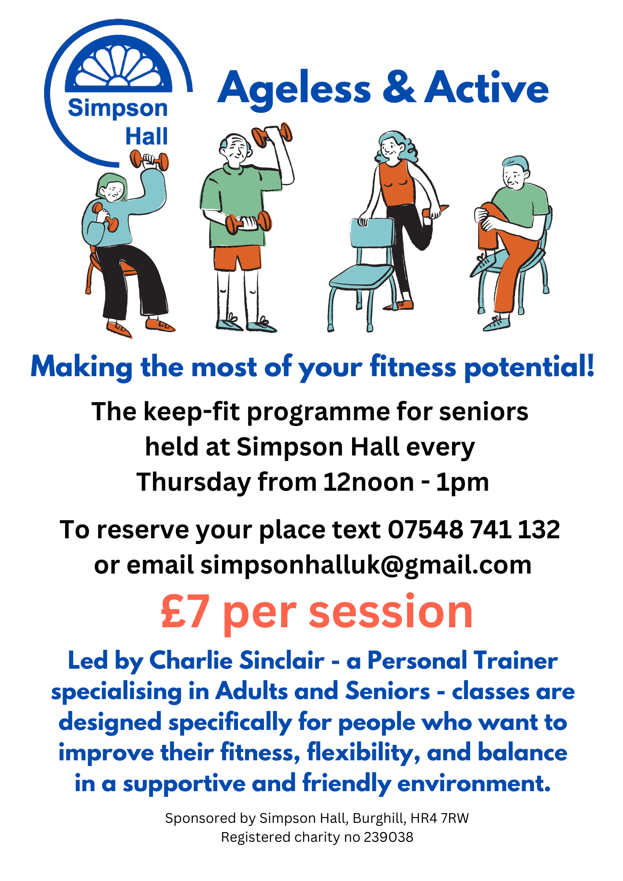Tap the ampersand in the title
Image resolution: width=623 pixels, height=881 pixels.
point(399,87)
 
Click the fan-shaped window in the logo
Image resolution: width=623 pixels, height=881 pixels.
point(118,66)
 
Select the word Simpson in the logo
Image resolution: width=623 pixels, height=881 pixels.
point(118,108)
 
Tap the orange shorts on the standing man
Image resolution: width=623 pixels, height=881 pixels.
point(237,258)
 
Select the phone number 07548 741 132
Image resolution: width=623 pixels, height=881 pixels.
point(474,529)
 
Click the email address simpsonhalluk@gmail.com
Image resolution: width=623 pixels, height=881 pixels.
point(366,565)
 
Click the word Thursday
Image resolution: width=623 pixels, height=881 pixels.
point(194,482)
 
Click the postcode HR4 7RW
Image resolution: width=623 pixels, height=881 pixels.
point(440,818)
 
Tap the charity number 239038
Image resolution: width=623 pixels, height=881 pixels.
point(389,837)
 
